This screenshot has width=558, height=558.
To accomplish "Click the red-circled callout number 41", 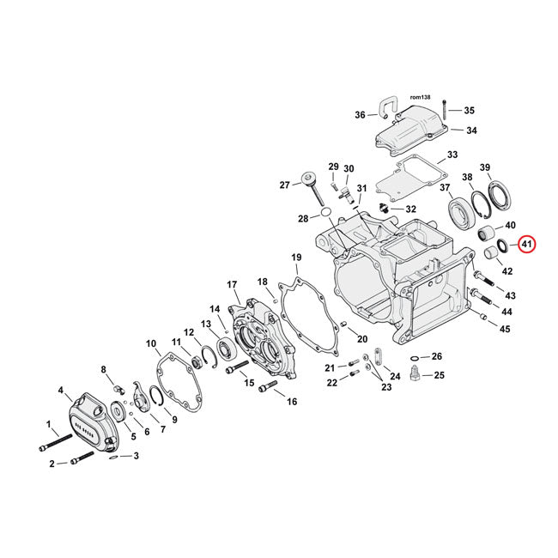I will pos(526,245).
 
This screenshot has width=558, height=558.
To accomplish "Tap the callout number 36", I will pos(360,115).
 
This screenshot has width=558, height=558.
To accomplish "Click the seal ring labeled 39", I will pos(497,195).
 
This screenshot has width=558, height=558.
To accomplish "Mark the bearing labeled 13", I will pos(228,348).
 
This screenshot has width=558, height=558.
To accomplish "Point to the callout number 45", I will pos(506,329).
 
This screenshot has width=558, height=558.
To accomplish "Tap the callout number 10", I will pos(151,345).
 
